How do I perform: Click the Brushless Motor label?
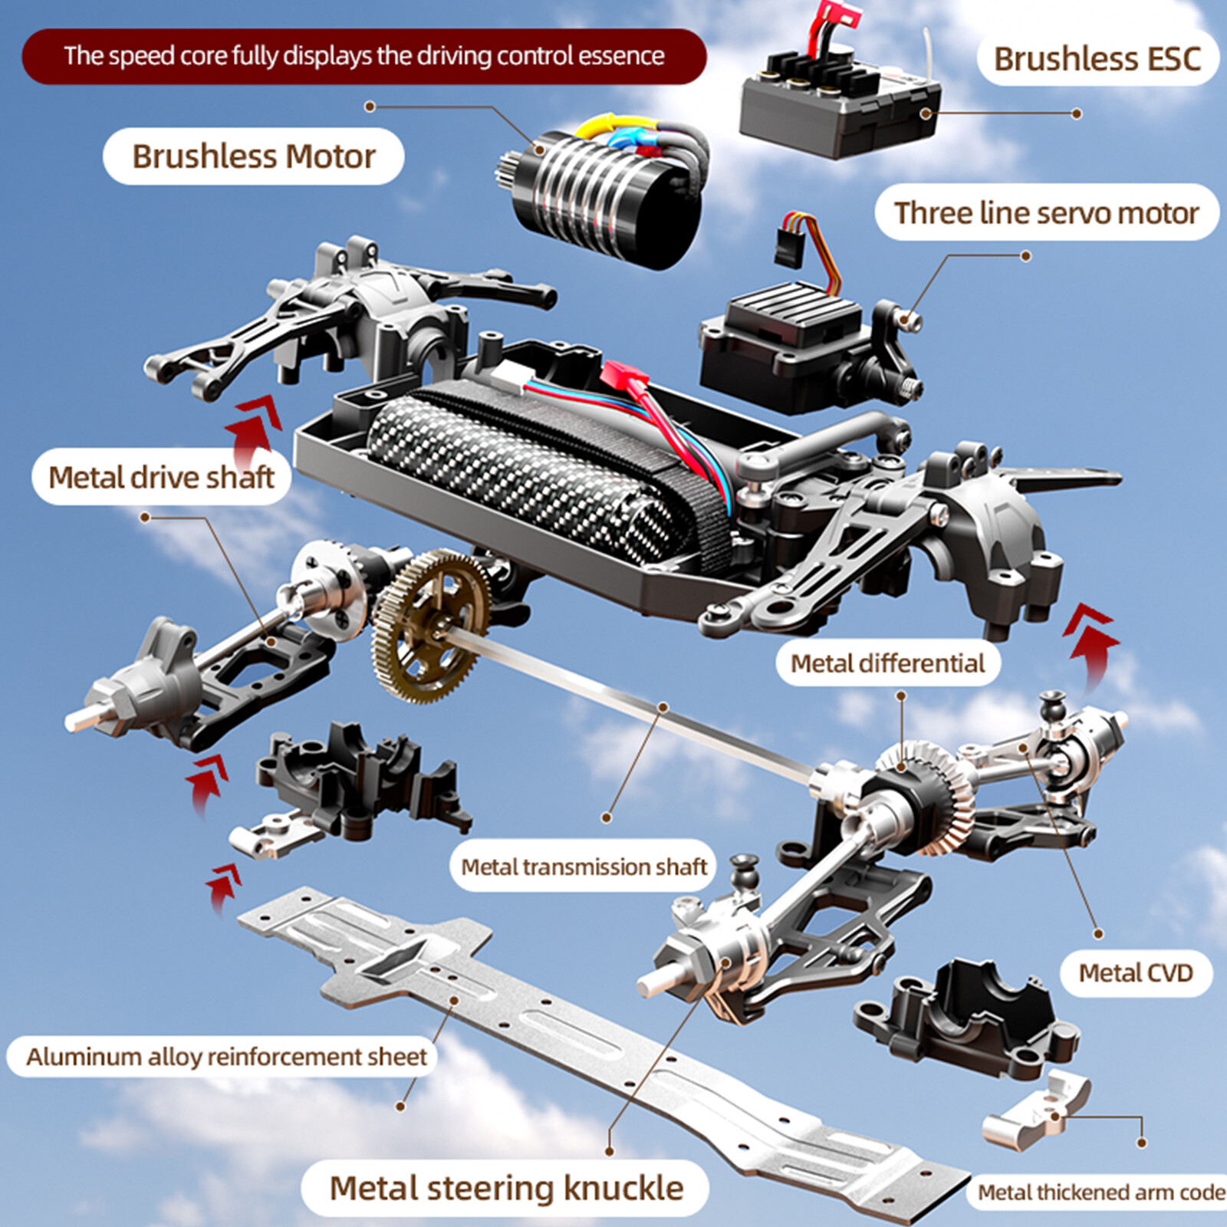pyautogui.click(x=253, y=156)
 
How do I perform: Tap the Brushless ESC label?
pyautogui.click(x=1097, y=59)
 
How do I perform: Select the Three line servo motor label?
pyautogui.click(x=1046, y=212)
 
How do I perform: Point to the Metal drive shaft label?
pyautogui.click(x=161, y=477)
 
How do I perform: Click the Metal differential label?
pyautogui.click(x=887, y=663)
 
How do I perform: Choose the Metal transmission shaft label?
pyautogui.click(x=583, y=867)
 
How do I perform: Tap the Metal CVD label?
pyautogui.click(x=1136, y=973)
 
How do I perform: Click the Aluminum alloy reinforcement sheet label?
pyautogui.click(x=226, y=1057)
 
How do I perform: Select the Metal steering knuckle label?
pyautogui.click(x=506, y=1188)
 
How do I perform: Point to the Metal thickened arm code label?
pyautogui.click(x=1100, y=1192)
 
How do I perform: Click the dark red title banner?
pyautogui.click(x=363, y=56)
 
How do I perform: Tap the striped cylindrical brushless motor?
pyautogui.click(x=598, y=199)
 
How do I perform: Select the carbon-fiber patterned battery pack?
pyautogui.click(x=537, y=475)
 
